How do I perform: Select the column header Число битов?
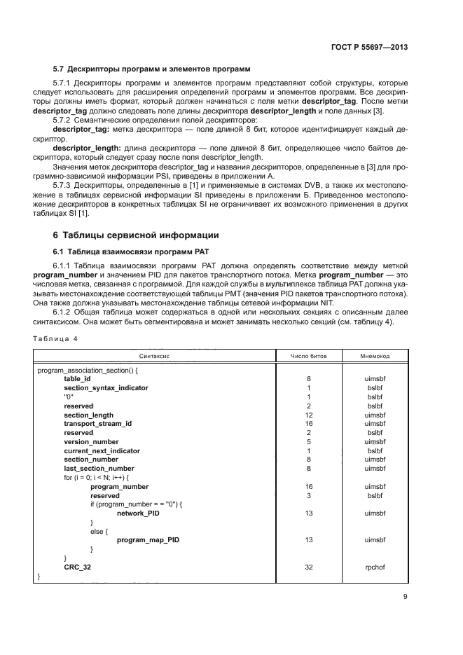tap(308, 356)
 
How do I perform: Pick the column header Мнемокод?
tap(375, 356)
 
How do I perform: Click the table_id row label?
tap(77, 378)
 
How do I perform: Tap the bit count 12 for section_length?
tap(308, 415)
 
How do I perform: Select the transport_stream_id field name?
tap(97, 424)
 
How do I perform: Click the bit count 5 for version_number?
tap(308, 442)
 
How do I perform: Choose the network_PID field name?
tap(138, 513)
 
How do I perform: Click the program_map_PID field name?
tap(144, 540)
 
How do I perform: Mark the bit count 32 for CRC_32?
tap(308, 567)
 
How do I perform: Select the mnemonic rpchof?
tap(375, 567)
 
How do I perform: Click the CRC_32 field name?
tap(77, 567)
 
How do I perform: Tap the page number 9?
tap(406, 597)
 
